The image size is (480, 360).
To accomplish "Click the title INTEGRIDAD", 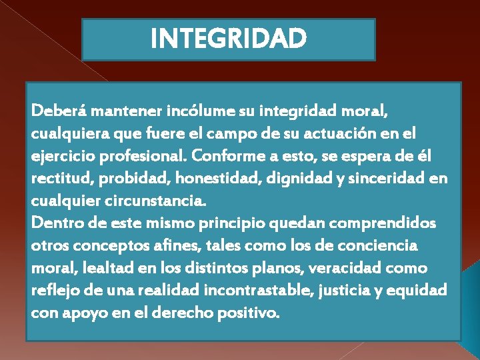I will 229,39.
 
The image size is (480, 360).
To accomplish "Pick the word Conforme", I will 225,156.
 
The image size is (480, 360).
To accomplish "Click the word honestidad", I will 203,179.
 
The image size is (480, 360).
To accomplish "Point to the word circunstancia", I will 157,201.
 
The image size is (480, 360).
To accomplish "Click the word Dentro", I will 53,223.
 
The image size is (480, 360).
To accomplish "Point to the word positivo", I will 249,313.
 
